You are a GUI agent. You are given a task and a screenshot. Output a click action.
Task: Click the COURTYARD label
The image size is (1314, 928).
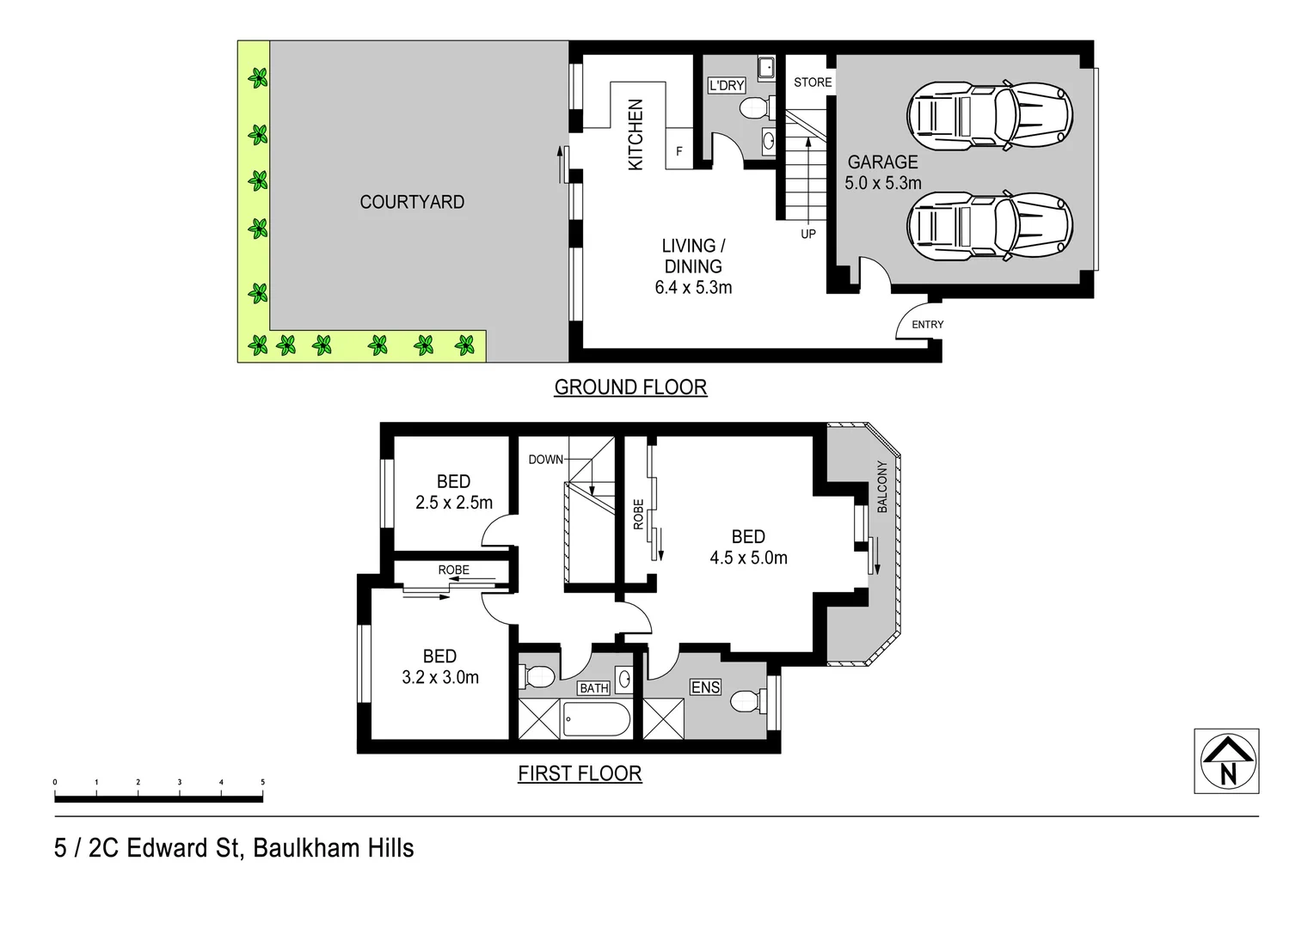tap(412, 202)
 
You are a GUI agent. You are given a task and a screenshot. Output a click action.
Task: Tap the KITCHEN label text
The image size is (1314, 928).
tap(636, 135)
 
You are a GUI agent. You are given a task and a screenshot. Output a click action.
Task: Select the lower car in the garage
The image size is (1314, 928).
tap(990, 225)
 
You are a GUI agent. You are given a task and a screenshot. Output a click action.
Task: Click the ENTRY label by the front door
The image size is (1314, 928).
tap(927, 325)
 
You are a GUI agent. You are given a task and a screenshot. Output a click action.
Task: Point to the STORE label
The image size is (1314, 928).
tap(813, 82)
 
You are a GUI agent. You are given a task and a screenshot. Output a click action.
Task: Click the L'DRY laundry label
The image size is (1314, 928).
tap(726, 85)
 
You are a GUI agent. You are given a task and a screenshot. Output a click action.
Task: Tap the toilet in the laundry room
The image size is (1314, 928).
tap(754, 108)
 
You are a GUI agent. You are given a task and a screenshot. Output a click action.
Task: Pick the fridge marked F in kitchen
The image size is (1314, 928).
tap(679, 151)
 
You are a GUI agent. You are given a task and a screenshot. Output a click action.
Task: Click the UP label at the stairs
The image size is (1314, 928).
tap(808, 234)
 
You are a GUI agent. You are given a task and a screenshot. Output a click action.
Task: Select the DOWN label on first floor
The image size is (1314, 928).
tap(545, 460)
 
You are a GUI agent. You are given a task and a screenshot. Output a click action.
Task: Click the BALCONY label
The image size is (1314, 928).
tap(882, 487)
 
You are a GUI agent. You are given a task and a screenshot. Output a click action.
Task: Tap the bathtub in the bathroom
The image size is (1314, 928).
tap(596, 719)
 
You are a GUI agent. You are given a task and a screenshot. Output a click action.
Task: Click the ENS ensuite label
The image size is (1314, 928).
tap(705, 687)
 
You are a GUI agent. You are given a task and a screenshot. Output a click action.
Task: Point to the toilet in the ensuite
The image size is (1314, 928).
tap(746, 703)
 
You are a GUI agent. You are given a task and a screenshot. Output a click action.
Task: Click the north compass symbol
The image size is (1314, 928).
tap(1227, 761)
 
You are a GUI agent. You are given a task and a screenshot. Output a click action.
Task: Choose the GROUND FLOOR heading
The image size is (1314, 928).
tap(630, 388)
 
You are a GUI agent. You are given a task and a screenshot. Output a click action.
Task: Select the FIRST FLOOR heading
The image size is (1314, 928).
tap(580, 773)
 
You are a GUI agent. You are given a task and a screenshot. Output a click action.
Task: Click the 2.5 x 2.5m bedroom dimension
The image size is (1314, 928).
tap(453, 503)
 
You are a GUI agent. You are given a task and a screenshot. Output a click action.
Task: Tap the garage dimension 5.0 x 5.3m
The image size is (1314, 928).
tap(882, 183)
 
